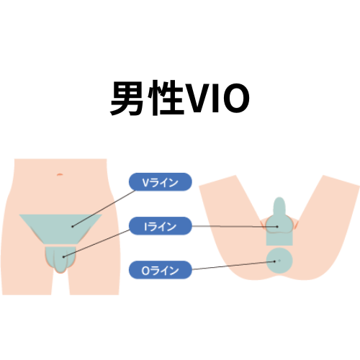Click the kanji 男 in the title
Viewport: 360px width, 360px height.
pyautogui.click(x=127, y=98)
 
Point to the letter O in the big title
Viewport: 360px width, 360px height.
pyautogui.click(x=235, y=98)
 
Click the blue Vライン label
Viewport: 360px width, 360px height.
pyautogui.click(x=161, y=182)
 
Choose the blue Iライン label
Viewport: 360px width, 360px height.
pyautogui.click(x=161, y=226)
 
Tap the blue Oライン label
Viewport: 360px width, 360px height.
pyautogui.click(x=161, y=270)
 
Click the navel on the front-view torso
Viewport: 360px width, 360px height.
pyautogui.click(x=60, y=174)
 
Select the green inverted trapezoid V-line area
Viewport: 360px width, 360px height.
pyautogui.click(x=60, y=229)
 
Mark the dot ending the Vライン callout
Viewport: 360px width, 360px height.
pyautogui.click(x=72, y=226)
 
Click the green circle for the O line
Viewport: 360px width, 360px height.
pyautogui.click(x=279, y=261)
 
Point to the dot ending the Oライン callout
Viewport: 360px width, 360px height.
pyautogui.click(x=275, y=261)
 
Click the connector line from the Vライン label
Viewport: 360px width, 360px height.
pyautogui.click(x=104, y=208)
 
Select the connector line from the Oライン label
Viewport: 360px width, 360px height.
pyautogui.click(x=233, y=266)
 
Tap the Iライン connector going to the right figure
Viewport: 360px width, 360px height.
pyautogui.click(x=235, y=226)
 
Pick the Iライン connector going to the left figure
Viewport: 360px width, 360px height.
pyautogui.click(x=96, y=243)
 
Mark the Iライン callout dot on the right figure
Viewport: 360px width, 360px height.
pyautogui.click(x=277, y=227)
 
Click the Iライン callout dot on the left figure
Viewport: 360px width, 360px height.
pyautogui.click(x=63, y=257)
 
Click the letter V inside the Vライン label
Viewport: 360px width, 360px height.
pyautogui.click(x=146, y=183)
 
